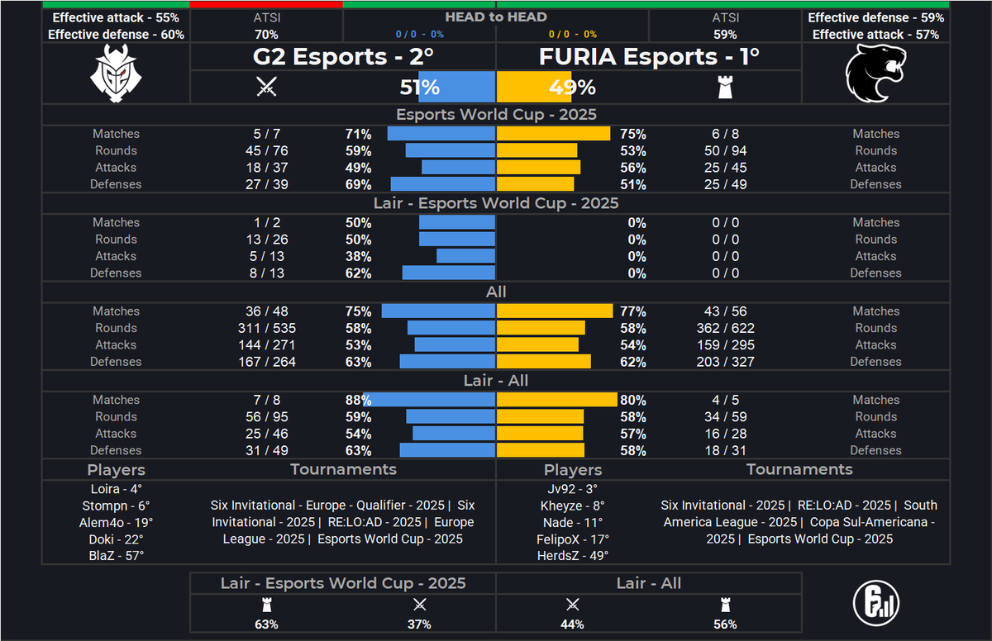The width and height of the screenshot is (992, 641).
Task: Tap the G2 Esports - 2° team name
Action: click(x=343, y=56)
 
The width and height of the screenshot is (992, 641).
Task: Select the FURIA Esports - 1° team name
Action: click(x=649, y=56)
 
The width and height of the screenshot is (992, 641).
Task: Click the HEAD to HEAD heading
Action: click(x=496, y=17)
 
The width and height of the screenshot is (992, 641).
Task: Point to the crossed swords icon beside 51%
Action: click(x=266, y=87)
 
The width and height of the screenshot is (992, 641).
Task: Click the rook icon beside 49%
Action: click(x=725, y=87)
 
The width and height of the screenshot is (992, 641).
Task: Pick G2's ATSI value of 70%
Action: click(x=266, y=35)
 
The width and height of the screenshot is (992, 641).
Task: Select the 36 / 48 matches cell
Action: click(x=266, y=311)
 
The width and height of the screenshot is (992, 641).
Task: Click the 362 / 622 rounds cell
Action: click(x=725, y=328)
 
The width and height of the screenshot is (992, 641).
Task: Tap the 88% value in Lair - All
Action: click(x=358, y=400)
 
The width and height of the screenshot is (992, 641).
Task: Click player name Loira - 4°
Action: click(x=116, y=488)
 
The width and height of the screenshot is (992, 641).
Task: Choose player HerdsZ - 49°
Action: click(x=572, y=555)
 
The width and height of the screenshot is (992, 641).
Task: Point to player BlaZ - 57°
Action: click(x=116, y=555)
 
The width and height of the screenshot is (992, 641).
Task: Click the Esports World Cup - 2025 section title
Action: click(x=496, y=115)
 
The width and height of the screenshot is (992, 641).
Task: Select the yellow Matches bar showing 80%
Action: click(x=556, y=400)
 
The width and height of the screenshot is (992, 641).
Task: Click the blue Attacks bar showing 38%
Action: click(x=465, y=256)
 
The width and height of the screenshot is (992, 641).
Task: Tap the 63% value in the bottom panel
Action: click(x=266, y=624)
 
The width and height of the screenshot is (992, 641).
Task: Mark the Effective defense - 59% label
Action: click(x=875, y=17)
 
